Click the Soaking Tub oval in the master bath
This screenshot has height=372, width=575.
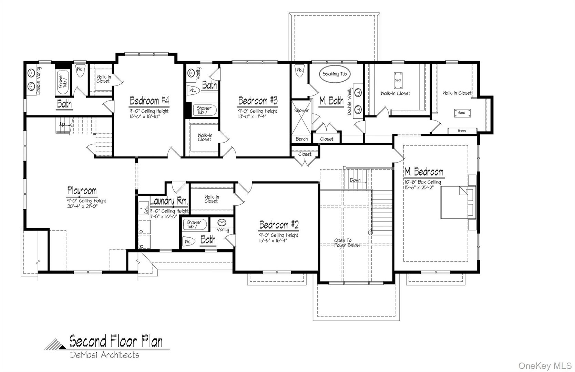tap(336, 74)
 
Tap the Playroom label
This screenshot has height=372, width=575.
tap(82, 190)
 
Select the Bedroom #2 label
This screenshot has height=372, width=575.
tap(279, 225)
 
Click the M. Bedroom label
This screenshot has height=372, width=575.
tap(424, 172)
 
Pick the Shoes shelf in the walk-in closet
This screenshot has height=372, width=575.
tap(462, 131)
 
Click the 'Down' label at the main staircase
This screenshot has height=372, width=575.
tap(355, 180)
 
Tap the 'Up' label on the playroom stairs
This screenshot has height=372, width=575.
tap(62, 124)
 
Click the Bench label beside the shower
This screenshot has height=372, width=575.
tap(301, 139)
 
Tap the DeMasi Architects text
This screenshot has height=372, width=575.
tap(105, 355)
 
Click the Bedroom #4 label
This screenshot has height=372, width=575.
tap(149, 101)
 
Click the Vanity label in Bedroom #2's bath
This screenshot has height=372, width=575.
tap(223, 230)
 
